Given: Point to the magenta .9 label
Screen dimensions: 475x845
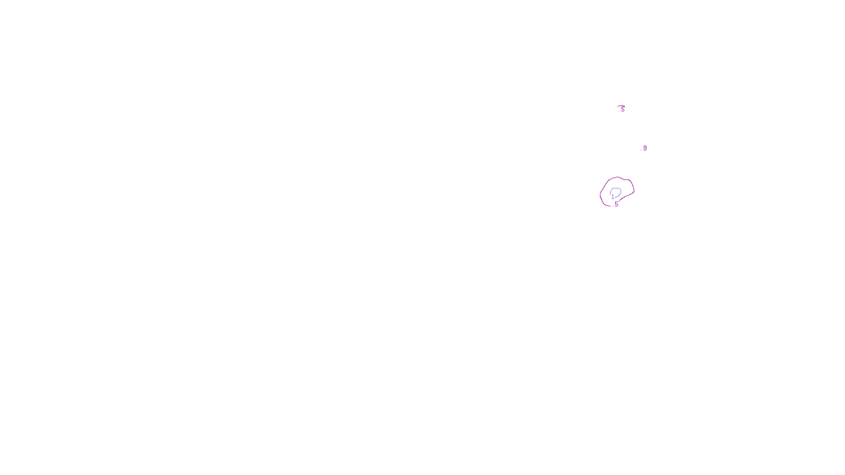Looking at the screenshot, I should pyautogui.click(x=644, y=148).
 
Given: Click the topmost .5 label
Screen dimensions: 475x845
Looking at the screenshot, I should pyautogui.click(x=622, y=109).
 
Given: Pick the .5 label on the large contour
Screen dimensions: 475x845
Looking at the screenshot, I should pyautogui.click(x=615, y=204).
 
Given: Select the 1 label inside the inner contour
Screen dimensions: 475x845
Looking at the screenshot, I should pyautogui.click(x=613, y=197).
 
